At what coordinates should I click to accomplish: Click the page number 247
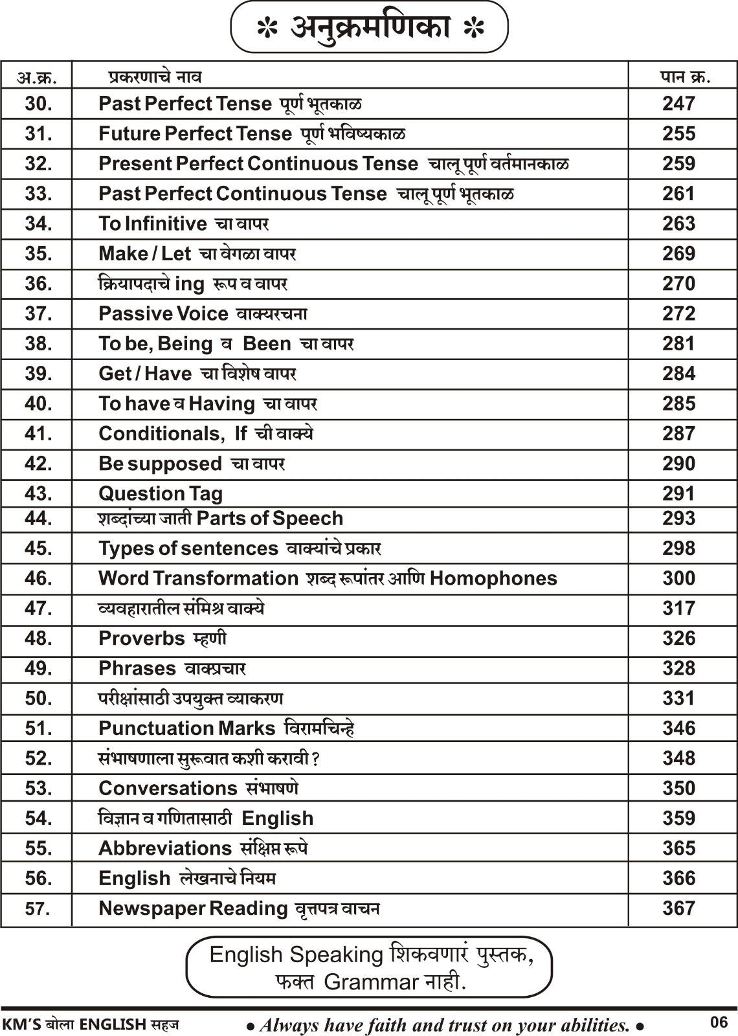(x=678, y=104)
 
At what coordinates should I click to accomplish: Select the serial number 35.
(x=38, y=254)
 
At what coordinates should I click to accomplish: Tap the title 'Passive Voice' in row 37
(x=163, y=314)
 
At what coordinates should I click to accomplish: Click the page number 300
(x=678, y=578)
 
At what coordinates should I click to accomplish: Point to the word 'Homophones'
(x=493, y=578)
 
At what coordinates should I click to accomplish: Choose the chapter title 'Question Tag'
(x=160, y=494)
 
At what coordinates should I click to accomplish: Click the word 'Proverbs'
(x=141, y=638)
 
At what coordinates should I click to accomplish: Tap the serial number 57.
(x=38, y=909)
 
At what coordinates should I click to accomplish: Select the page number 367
(x=678, y=908)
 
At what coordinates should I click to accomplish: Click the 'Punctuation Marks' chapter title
(x=186, y=728)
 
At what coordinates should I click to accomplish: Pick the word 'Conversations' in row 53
(x=168, y=789)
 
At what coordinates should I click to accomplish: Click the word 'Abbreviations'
(x=164, y=848)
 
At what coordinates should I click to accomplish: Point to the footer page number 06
(x=719, y=1022)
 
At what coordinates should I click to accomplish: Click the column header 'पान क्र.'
(x=685, y=77)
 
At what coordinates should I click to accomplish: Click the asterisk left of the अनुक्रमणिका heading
(x=267, y=29)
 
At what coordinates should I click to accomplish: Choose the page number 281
(x=678, y=344)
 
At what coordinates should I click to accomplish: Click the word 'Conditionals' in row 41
(x=157, y=434)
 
